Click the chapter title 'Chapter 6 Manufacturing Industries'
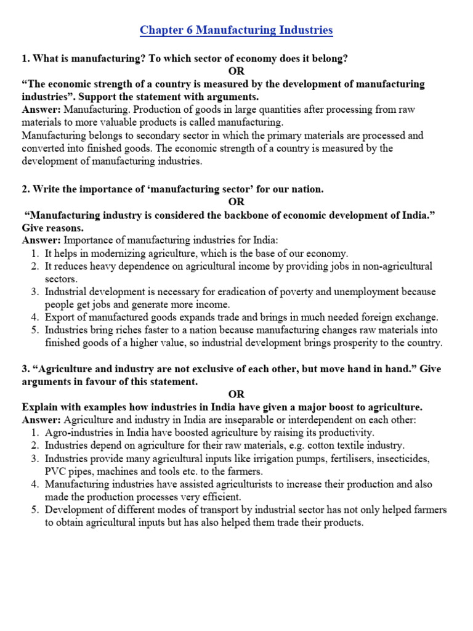236,30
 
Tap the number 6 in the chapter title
185,30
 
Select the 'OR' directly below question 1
236,71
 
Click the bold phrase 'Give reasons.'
52,227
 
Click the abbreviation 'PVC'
56,471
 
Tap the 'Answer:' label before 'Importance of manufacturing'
42,240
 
